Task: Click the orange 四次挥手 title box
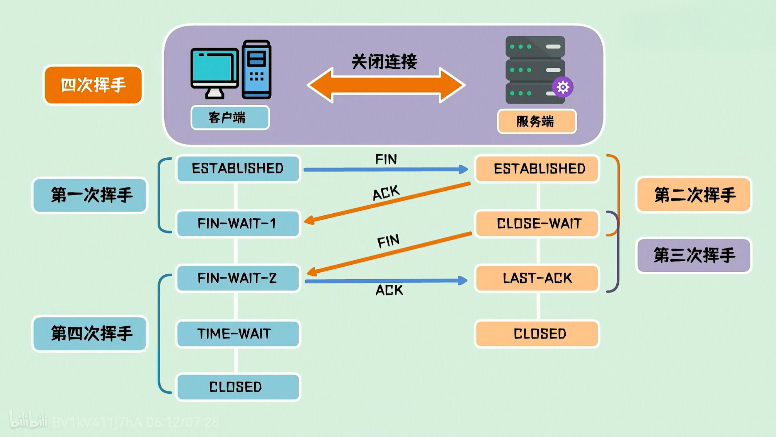coord(93,85)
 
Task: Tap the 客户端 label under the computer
coord(230,118)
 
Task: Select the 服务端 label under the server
coord(537,121)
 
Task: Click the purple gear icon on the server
coord(563,87)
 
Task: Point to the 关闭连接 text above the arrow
coord(385,62)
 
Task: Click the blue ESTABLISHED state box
coord(238,169)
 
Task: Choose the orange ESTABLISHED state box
coord(537,169)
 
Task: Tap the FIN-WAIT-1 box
coord(238,223)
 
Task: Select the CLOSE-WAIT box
coord(537,223)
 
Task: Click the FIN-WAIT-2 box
coord(238,278)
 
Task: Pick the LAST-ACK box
coord(537,278)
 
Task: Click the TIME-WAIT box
coord(238,334)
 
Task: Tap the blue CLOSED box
coord(238,387)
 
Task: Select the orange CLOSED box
coord(537,334)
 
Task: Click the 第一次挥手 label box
coord(90,195)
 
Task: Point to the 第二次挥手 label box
coord(694,195)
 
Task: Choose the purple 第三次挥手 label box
coord(694,255)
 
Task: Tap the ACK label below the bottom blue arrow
coord(389,290)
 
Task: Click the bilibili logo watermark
coord(28,420)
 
